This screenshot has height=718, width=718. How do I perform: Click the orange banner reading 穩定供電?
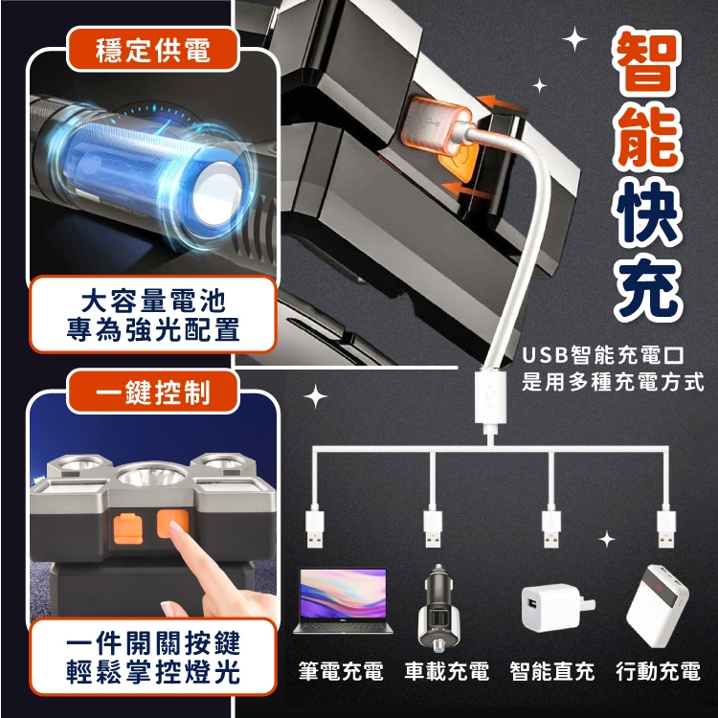[x=153, y=50]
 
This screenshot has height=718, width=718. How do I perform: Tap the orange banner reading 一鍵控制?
[x=153, y=392]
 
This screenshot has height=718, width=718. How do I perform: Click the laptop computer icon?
[x=343, y=601]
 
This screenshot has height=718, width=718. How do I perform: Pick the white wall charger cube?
[x=557, y=607]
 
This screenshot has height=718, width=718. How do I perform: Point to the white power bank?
[x=658, y=606]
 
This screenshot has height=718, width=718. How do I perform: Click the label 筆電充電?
[x=341, y=671]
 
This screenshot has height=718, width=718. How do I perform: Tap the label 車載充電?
[x=446, y=671]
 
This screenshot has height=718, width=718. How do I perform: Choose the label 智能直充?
[x=552, y=671]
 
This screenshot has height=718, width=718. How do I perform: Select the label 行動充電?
[x=658, y=671]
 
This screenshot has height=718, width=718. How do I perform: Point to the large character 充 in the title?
[x=648, y=287]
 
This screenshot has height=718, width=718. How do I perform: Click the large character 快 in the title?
[x=648, y=213]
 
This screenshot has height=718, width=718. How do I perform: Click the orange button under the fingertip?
[x=172, y=524]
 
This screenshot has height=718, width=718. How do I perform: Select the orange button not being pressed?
[x=127, y=528]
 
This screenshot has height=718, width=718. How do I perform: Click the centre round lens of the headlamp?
[x=152, y=475]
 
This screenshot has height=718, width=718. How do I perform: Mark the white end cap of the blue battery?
[x=216, y=192]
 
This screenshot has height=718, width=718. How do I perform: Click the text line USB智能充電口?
[x=603, y=355]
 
